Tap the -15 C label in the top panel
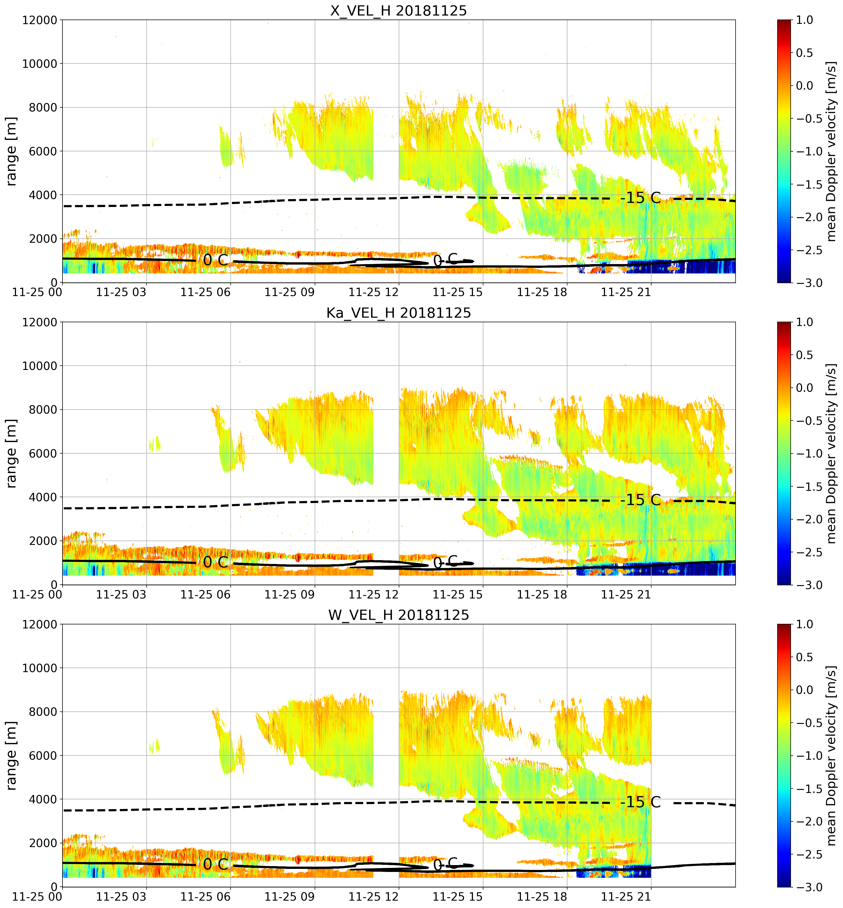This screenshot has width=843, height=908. (641, 198)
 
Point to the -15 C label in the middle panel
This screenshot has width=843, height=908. (641, 500)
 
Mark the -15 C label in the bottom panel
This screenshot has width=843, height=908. (641, 803)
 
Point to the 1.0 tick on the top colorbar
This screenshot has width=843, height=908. (805, 20)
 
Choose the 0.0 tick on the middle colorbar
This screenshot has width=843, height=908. (805, 388)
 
